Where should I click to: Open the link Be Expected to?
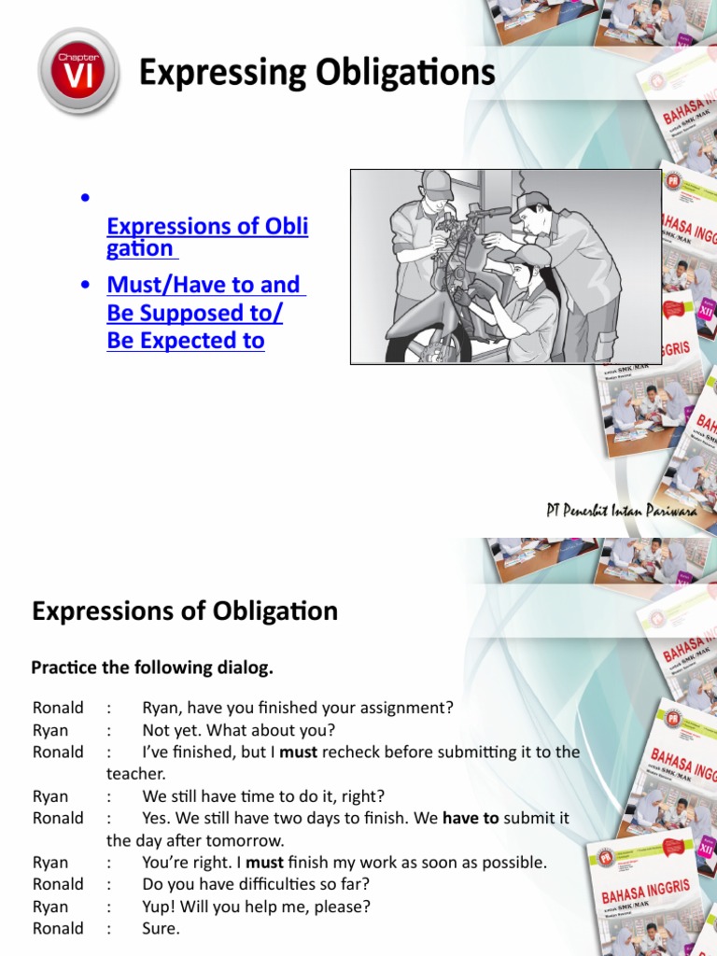(186, 341)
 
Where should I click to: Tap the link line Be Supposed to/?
(194, 313)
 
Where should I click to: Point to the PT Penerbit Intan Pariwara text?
(622, 510)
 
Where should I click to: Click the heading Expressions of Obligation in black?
(185, 612)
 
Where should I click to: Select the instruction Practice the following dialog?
(152, 668)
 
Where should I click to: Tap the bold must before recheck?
(299, 752)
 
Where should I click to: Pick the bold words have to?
(471, 818)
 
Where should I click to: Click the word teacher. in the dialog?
(135, 774)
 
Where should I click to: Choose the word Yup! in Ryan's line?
(160, 907)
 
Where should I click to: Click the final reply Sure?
(161, 929)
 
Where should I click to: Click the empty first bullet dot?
(85, 198)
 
